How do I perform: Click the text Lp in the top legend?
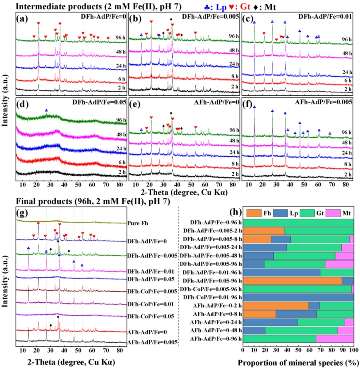[x=221, y=7]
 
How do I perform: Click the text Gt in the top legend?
[x=245, y=7]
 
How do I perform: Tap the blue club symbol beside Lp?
[x=207, y=7]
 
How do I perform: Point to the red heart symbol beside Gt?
[x=231, y=7]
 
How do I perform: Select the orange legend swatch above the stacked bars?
[x=254, y=213]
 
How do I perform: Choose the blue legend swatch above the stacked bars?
[x=280, y=213]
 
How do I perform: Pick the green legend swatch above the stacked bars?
[x=307, y=213]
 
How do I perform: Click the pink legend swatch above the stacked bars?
[x=333, y=213]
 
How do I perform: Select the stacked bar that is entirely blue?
[x=298, y=297]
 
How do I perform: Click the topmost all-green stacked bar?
[x=298, y=223]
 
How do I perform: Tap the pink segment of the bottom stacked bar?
[x=335, y=339]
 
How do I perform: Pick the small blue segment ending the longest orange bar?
[x=348, y=281]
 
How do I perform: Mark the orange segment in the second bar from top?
[x=263, y=231]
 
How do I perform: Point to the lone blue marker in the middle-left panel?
[x=47, y=110]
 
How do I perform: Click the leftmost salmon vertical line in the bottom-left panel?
[x=46, y=275]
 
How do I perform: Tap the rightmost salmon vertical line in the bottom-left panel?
[x=82, y=275]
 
